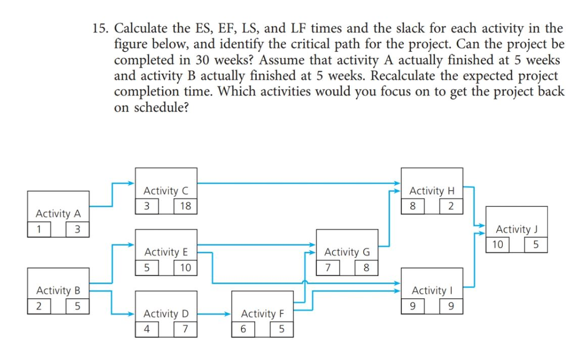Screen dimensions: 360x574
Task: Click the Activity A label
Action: pyautogui.click(x=58, y=214)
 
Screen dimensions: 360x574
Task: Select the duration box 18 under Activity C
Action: pyautogui.click(x=186, y=206)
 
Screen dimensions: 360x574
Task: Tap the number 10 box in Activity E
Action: pyautogui.click(x=186, y=267)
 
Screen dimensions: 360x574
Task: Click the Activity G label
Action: pyautogui.click(x=347, y=252)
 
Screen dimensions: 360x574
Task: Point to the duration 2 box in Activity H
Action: pyautogui.click(x=451, y=206)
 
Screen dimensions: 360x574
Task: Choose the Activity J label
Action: pyautogui.click(x=516, y=229)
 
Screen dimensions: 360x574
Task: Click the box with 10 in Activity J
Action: pyautogui.click(x=498, y=244)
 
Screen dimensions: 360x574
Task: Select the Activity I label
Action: pyautogui.click(x=432, y=290)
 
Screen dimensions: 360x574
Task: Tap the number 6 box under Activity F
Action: pyautogui.click(x=243, y=329)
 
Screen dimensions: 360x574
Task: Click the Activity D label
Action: pyautogui.click(x=166, y=314)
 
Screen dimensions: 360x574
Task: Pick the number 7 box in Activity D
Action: pyautogui.click(x=186, y=329)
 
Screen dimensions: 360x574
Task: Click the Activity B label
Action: pyautogui.click(x=58, y=290)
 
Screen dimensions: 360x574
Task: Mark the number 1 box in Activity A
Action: pyautogui.click(x=39, y=229)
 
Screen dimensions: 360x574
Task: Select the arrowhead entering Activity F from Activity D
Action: pyautogui.click(x=228, y=314)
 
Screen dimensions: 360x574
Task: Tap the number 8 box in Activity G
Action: pyautogui.click(x=366, y=267)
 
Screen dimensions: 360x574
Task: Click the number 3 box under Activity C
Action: pyautogui.click(x=147, y=206)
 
